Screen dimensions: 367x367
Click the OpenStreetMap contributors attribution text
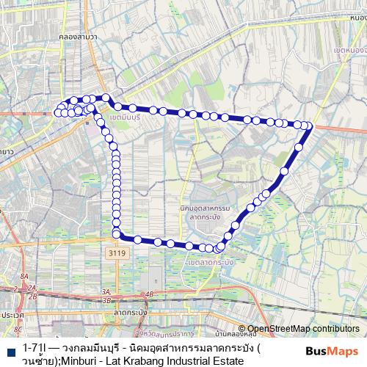(x=303, y=328)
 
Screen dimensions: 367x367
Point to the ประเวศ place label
(x=12, y=314)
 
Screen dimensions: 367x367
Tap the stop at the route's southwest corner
(x=116, y=235)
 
